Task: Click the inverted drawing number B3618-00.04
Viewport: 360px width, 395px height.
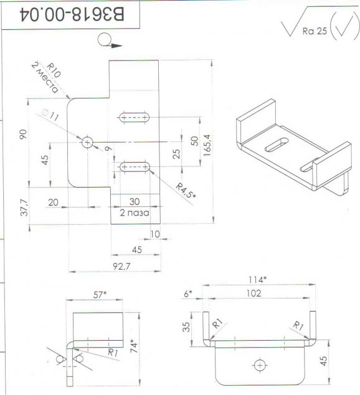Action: click(72, 14)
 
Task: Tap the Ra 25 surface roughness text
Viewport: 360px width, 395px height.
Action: click(315, 31)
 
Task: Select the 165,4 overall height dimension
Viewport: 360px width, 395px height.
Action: click(207, 145)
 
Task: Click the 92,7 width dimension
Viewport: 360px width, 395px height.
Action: click(121, 266)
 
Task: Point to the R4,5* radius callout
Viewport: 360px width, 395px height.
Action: click(186, 191)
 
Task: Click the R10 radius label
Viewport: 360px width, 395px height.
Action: click(54, 70)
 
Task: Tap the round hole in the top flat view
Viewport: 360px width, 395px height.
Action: click(87, 143)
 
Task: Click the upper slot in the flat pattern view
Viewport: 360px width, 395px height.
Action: click(134, 117)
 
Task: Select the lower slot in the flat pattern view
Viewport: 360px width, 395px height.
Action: click(135, 167)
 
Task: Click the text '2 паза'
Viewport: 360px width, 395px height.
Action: click(135, 213)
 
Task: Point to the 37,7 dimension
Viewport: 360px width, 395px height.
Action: click(24, 207)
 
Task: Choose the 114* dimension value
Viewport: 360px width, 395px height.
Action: click(257, 280)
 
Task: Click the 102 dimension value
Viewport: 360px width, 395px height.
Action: click(253, 293)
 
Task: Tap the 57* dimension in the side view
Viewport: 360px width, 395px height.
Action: click(100, 295)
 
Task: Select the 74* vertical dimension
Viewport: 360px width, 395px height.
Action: click(134, 346)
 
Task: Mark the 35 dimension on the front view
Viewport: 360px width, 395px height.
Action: click(186, 326)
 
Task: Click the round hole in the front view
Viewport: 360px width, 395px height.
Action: click(260, 365)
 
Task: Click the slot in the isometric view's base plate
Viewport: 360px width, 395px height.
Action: click(277, 145)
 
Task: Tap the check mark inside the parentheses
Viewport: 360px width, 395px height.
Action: click(344, 26)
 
